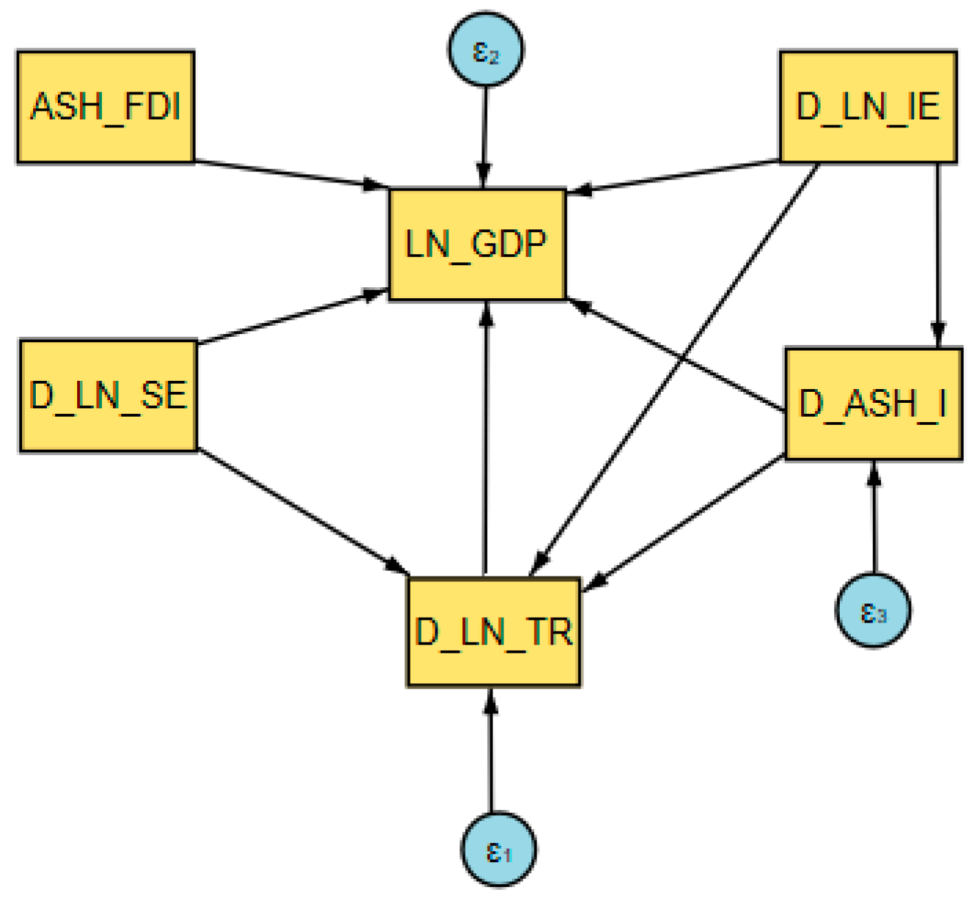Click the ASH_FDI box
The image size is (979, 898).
point(105,107)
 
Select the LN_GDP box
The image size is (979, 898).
point(477,244)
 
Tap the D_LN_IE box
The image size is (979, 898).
point(868,107)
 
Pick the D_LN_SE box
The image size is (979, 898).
point(109,396)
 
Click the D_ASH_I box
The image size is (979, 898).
point(874,404)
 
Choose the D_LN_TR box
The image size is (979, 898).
point(494,631)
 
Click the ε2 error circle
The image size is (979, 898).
point(486,50)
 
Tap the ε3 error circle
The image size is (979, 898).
point(873,610)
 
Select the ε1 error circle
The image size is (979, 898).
point(498,850)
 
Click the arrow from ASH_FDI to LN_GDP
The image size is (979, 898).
point(289,174)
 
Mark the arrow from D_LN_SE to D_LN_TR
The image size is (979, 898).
point(303,512)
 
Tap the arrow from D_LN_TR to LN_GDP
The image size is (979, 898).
point(486,441)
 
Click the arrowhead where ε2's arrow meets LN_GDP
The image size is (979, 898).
point(484,177)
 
